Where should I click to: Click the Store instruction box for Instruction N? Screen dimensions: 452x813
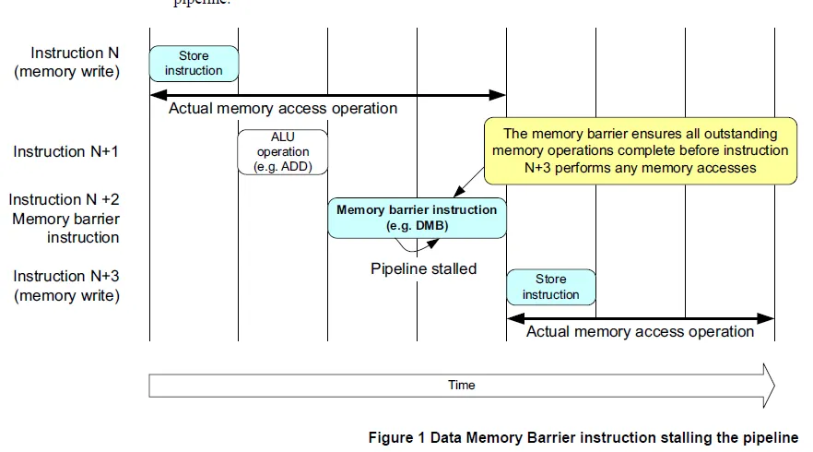[x=194, y=63]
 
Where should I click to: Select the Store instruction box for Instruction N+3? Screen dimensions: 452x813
[x=550, y=287]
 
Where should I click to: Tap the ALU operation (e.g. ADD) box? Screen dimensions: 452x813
[x=283, y=152]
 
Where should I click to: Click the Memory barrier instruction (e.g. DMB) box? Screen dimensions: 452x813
[x=417, y=218]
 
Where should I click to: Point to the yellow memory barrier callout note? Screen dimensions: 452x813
[x=641, y=150]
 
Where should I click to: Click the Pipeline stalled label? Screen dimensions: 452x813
[x=423, y=268]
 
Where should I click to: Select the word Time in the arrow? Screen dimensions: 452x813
[x=461, y=385]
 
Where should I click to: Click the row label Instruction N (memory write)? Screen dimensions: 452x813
[x=66, y=62]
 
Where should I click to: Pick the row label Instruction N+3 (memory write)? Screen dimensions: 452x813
[x=66, y=286]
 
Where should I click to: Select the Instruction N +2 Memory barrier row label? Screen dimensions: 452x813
[x=65, y=219]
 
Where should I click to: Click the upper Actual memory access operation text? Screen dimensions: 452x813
[x=283, y=108]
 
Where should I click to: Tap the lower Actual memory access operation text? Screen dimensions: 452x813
[x=640, y=331]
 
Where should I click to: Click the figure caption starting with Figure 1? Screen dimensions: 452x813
[x=583, y=437]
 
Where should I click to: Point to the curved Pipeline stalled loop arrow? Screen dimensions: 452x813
[x=415, y=247]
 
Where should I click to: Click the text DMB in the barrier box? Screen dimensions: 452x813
[x=427, y=225]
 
